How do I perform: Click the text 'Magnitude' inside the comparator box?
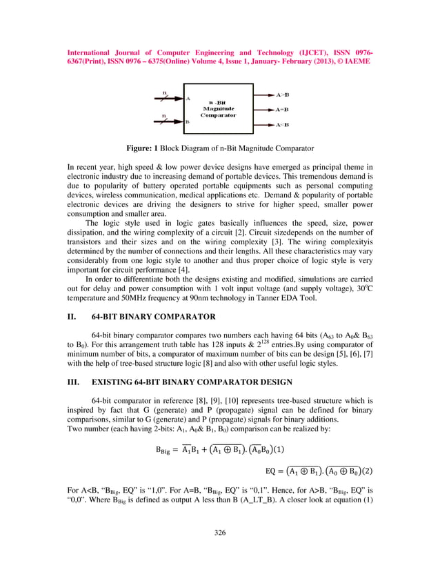[x=219, y=108]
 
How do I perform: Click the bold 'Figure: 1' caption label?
[x=142, y=148]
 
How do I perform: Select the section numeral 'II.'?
[x=72, y=317]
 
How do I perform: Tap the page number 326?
[x=220, y=532]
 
